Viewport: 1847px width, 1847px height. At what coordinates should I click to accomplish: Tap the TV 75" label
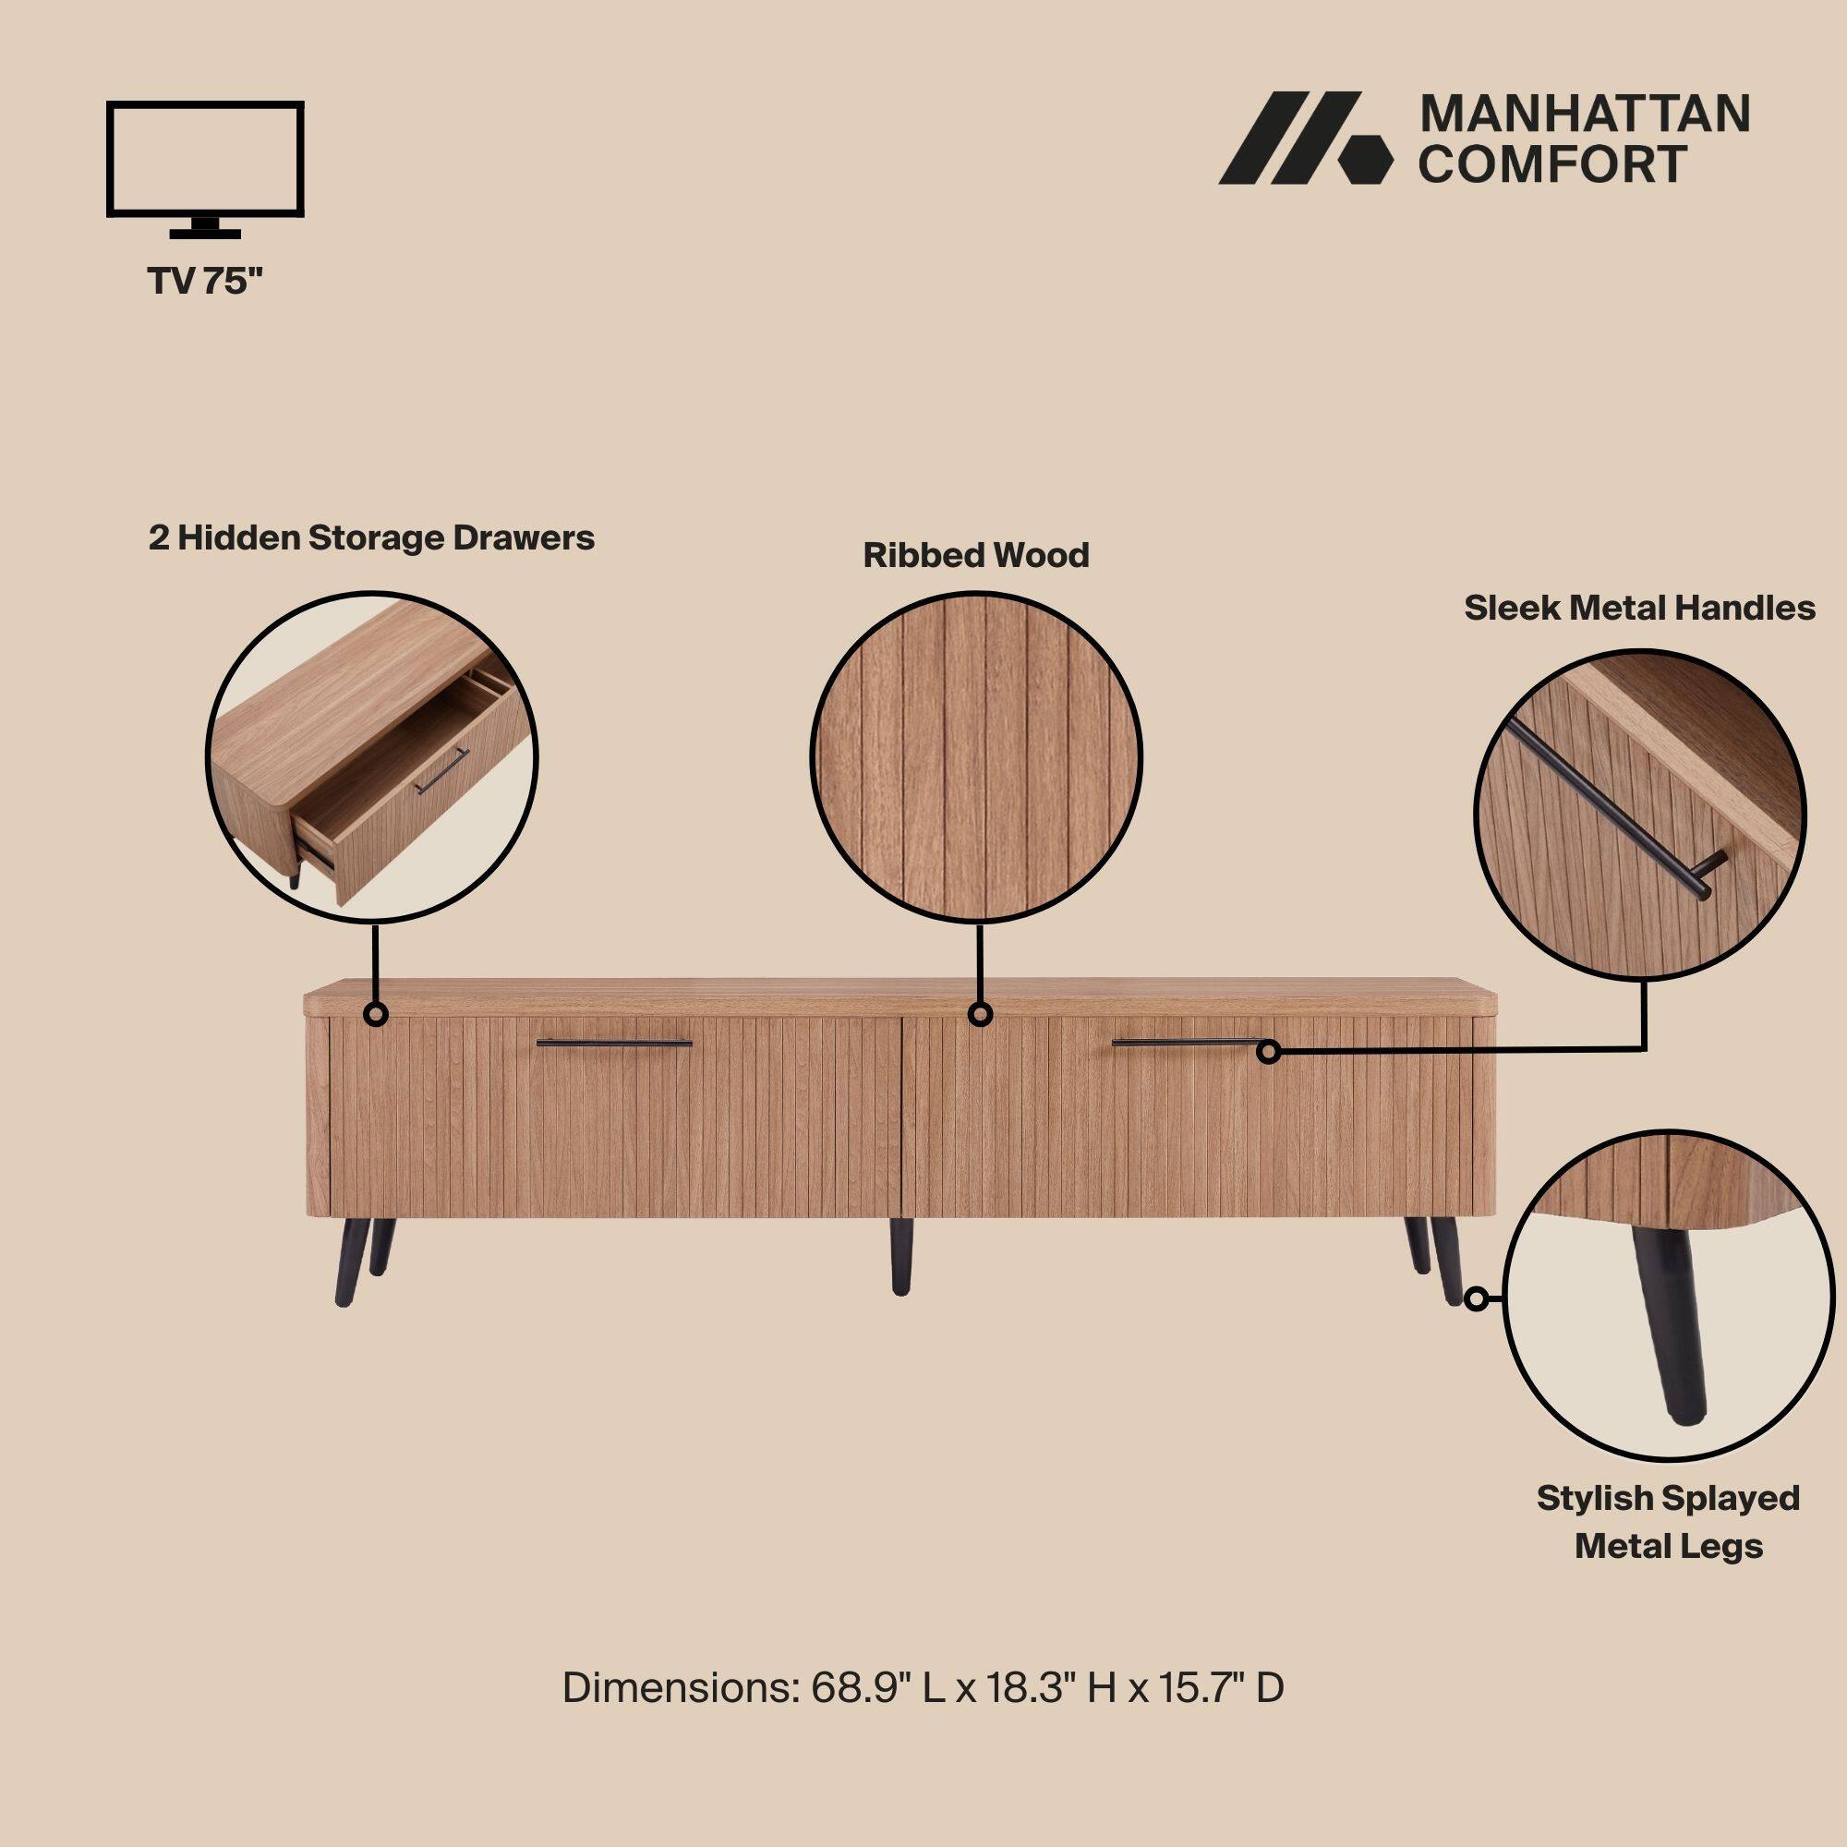[x=206, y=281]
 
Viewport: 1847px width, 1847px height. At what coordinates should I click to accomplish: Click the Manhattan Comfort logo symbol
[x=1305, y=138]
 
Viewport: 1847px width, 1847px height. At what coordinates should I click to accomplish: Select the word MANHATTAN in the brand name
[x=1584, y=115]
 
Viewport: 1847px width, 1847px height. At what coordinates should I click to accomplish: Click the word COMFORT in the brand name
[x=1551, y=164]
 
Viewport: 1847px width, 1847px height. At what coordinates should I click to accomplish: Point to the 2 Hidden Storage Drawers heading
[x=371, y=538]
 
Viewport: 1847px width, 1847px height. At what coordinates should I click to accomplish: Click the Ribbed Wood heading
[x=976, y=555]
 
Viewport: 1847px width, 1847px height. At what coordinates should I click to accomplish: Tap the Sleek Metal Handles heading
[x=1639, y=608]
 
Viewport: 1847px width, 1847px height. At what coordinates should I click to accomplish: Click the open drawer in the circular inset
[x=382, y=813]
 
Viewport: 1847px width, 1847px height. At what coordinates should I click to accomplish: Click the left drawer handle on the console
[x=614, y=1043]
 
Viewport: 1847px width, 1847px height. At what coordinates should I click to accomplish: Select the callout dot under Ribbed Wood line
[x=979, y=1015]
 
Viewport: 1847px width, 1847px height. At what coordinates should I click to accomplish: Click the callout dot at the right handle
[x=1269, y=1053]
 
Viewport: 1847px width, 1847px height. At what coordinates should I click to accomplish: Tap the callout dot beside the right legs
[x=1477, y=1299]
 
